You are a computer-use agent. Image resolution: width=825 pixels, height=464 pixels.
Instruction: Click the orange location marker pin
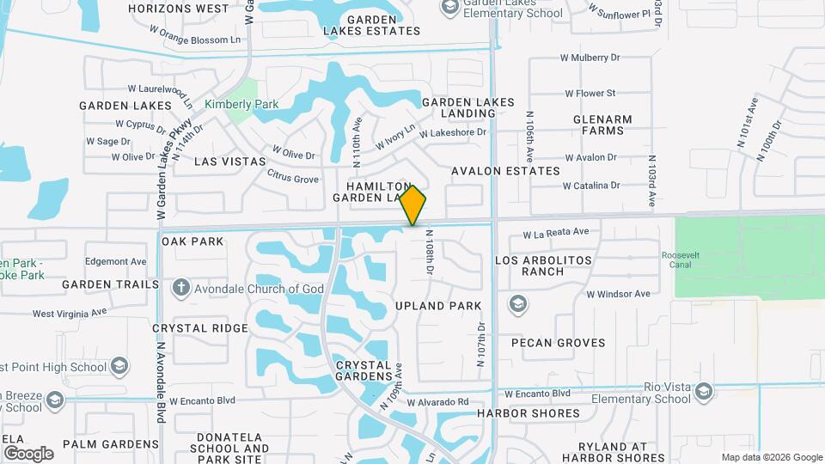[x=413, y=205]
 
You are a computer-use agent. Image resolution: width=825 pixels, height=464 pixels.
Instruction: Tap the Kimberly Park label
[x=241, y=104]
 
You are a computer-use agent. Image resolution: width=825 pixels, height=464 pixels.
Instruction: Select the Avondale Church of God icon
[x=180, y=289]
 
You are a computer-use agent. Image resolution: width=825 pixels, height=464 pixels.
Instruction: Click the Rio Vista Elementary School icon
[x=705, y=392]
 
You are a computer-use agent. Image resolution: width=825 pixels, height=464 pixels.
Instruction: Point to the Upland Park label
[x=438, y=306]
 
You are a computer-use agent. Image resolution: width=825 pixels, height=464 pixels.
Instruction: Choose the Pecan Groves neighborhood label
[x=559, y=343]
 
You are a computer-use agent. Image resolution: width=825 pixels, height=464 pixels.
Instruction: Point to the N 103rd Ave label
[x=652, y=180]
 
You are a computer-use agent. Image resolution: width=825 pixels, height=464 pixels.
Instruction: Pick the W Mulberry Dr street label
[x=591, y=58]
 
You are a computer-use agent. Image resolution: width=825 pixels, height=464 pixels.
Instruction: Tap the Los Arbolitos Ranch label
[x=544, y=266]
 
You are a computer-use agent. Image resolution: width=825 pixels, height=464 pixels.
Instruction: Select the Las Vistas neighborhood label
[x=230, y=161]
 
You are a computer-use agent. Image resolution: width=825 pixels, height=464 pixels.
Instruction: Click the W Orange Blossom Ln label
[x=194, y=40]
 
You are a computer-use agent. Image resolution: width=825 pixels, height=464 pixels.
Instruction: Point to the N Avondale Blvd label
[x=161, y=383]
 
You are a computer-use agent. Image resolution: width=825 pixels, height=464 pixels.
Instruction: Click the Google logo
[x=28, y=453]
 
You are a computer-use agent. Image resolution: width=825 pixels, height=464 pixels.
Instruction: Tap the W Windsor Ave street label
[x=618, y=294]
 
